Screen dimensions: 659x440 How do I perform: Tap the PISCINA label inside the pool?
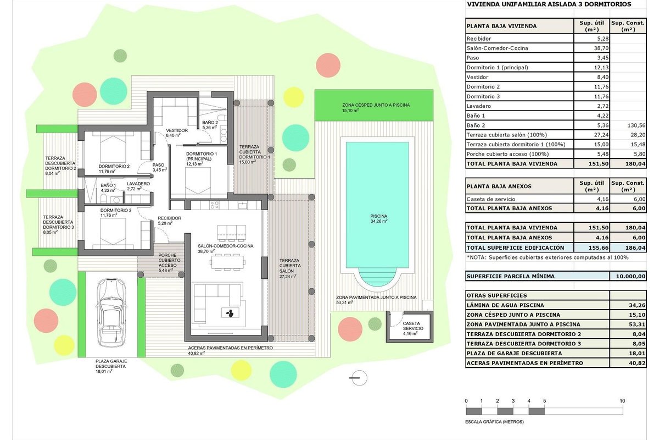point(378,216)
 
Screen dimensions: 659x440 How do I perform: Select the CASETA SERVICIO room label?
point(413,326)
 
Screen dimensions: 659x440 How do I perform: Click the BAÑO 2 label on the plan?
point(210,122)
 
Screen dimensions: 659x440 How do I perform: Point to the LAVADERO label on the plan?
point(138,184)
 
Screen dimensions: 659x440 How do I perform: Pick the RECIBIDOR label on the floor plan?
point(170,218)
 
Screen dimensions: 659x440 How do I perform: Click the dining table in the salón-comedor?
point(227,262)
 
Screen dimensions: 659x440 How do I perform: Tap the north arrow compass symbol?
point(359,378)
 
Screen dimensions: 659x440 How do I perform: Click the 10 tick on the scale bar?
point(622,401)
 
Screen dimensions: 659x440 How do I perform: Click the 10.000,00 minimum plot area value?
point(631,276)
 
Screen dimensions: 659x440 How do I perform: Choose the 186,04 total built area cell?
point(635,248)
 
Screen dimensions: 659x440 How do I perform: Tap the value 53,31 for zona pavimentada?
point(637,324)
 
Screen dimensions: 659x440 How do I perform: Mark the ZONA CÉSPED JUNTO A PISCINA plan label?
point(376,105)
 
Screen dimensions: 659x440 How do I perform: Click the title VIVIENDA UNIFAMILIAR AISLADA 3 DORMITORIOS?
point(549,4)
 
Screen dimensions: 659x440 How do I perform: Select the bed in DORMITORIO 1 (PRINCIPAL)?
point(198,180)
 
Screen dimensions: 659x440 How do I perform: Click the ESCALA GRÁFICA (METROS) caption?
point(494,422)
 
